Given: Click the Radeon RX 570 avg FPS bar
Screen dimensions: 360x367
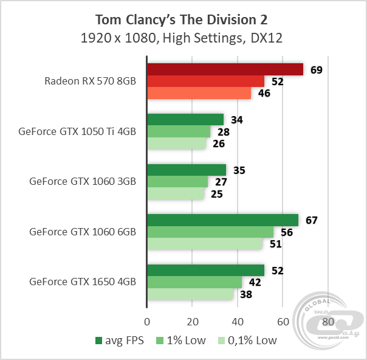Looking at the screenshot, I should tap(225, 69).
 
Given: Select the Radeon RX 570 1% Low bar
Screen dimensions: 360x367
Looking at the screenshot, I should tap(206, 81).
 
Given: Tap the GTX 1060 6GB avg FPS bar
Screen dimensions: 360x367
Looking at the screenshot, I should tap(222, 220).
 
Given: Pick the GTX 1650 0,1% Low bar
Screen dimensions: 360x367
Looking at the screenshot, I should tap(190, 294).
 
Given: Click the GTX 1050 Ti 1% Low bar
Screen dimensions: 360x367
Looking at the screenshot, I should tap(179, 131).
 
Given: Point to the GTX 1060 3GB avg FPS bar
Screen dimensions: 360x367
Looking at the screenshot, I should tap(187, 170).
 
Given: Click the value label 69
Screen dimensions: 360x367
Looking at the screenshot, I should tap(316, 70).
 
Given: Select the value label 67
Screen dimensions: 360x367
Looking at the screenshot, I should tap(311, 220).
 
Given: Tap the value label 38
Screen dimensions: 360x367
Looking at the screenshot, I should tap(247, 295).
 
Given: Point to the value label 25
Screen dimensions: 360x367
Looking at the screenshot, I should tap(217, 195).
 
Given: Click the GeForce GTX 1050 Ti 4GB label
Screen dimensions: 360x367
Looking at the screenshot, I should tap(77, 131).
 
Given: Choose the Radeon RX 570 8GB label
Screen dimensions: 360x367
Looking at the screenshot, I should tap(90, 81).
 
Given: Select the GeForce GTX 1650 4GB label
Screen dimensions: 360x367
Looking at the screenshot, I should tap(82, 282).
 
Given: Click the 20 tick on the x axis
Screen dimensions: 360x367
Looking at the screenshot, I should tap(192, 322).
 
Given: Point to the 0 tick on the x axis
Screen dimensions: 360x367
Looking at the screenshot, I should tap(147, 322).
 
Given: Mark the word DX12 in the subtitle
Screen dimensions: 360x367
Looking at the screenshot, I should tap(268, 38).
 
